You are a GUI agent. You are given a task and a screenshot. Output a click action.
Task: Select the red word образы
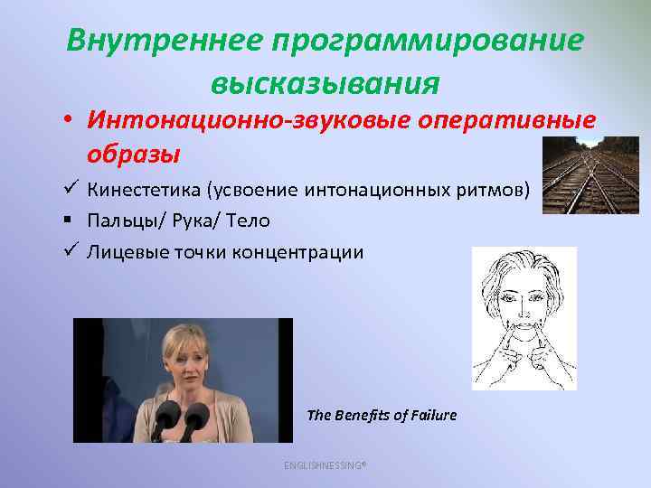pyautogui.click(x=133, y=154)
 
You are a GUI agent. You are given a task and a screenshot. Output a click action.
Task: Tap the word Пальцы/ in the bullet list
pyautogui.click(x=119, y=221)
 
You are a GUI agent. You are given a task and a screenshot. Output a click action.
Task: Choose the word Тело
pyautogui.click(x=248, y=221)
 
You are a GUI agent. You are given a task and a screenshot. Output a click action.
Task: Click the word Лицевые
pyautogui.click(x=123, y=251)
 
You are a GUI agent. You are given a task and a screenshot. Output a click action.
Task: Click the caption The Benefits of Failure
pyautogui.click(x=382, y=416)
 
